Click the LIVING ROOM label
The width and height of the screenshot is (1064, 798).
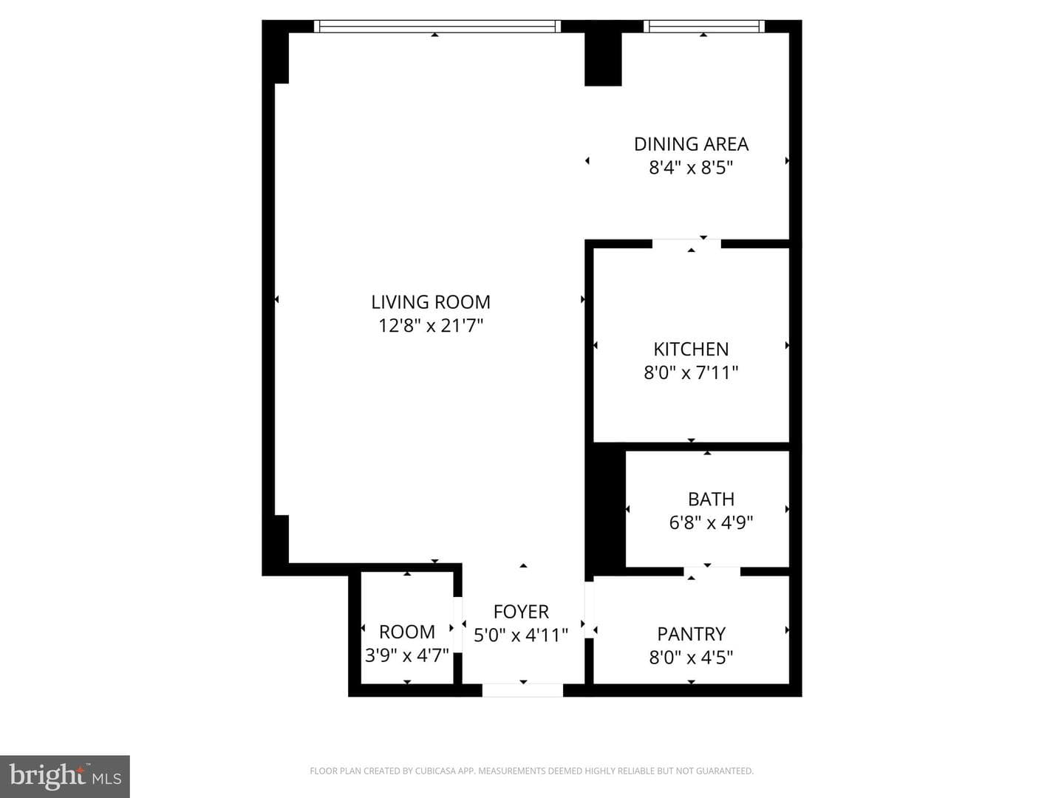(x=431, y=302)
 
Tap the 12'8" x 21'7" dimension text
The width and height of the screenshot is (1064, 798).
(x=431, y=326)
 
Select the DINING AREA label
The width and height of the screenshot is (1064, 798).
(x=692, y=144)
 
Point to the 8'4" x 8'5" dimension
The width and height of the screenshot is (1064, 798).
(x=692, y=168)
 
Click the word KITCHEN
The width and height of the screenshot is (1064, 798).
(x=692, y=349)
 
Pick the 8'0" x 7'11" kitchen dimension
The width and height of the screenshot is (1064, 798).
(x=692, y=372)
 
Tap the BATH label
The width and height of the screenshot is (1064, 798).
(x=711, y=499)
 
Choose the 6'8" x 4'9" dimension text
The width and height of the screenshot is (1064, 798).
(x=711, y=522)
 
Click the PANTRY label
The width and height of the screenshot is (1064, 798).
(x=692, y=633)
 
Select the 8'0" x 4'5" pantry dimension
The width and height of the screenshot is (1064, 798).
(x=692, y=657)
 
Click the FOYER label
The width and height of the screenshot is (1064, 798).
(x=521, y=612)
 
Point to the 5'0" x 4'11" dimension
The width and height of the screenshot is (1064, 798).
(x=521, y=635)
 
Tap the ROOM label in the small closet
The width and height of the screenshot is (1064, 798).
(x=406, y=632)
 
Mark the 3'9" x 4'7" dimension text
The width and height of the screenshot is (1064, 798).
(x=406, y=655)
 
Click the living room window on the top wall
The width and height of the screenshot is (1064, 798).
(x=437, y=26)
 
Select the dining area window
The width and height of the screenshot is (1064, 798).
(x=704, y=26)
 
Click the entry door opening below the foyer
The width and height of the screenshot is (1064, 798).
(x=522, y=690)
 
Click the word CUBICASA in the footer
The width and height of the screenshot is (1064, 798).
(x=433, y=771)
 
